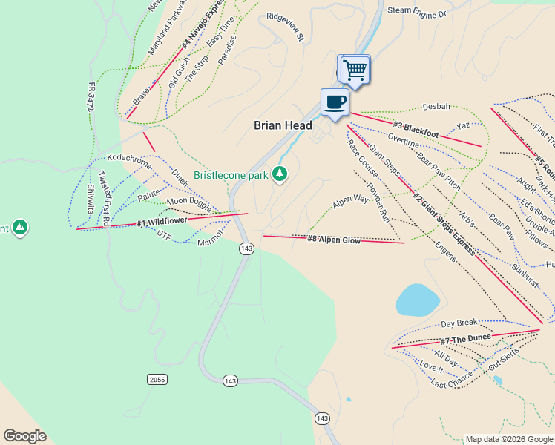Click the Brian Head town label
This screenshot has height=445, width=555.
pyautogui.click(x=283, y=126)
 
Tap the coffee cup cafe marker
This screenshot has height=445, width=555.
pyautogui.click(x=335, y=102)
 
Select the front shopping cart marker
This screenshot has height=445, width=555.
pyautogui.click(x=356, y=70)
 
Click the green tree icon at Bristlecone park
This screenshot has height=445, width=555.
pyautogui.click(x=279, y=174)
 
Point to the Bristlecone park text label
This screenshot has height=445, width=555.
pyautogui.click(x=231, y=176)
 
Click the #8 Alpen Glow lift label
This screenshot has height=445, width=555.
pyautogui.click(x=334, y=239)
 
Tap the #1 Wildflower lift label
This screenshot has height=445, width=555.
pyautogui.click(x=161, y=222)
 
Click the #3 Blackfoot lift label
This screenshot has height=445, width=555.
pyautogui.click(x=416, y=130)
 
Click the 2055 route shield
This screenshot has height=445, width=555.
pyautogui.click(x=157, y=379)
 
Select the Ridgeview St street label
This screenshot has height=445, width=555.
pyautogui.click(x=286, y=36)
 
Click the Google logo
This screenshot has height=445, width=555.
pyautogui.click(x=24, y=436)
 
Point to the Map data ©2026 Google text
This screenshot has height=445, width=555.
pyautogui.click(x=509, y=439)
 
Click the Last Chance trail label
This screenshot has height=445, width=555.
pyautogui.click(x=452, y=380)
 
